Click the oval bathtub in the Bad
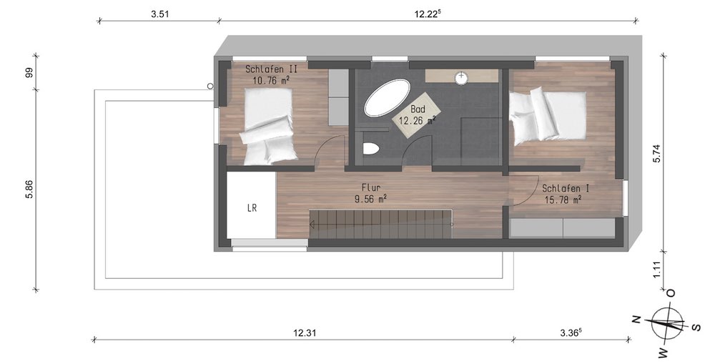tap(386, 97)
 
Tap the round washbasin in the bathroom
tap(461, 78)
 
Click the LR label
tap(252, 208)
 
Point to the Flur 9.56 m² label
tap(370, 193)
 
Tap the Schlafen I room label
tap(562, 194)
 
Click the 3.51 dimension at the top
tap(160, 14)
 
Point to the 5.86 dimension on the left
tap(29, 190)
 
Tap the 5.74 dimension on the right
tap(656, 153)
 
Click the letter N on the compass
tap(636, 319)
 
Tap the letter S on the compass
tap(696, 327)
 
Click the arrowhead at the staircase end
tap(312, 225)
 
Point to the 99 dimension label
tap(29, 72)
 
